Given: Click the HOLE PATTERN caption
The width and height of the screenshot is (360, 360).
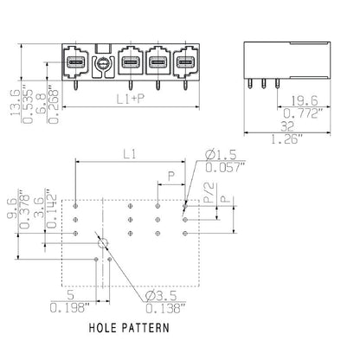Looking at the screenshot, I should click(x=131, y=328).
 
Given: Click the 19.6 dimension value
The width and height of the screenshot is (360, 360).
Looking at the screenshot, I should click(x=303, y=100).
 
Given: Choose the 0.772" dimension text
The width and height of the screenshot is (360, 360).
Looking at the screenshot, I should click(x=303, y=113).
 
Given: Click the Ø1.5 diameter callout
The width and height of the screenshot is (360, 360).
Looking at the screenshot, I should click(x=220, y=156).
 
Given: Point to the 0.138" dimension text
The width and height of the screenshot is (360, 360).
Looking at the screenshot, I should click(x=161, y=307).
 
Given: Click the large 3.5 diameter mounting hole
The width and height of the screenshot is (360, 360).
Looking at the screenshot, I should click(x=103, y=243).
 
